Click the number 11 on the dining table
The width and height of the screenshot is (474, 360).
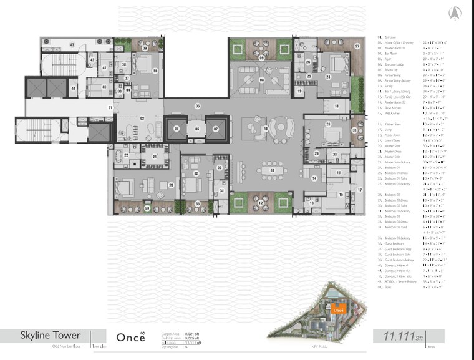[x=271, y=170]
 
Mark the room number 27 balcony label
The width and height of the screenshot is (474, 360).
[x=357, y=46]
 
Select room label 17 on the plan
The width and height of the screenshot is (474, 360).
[x=359, y=190]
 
